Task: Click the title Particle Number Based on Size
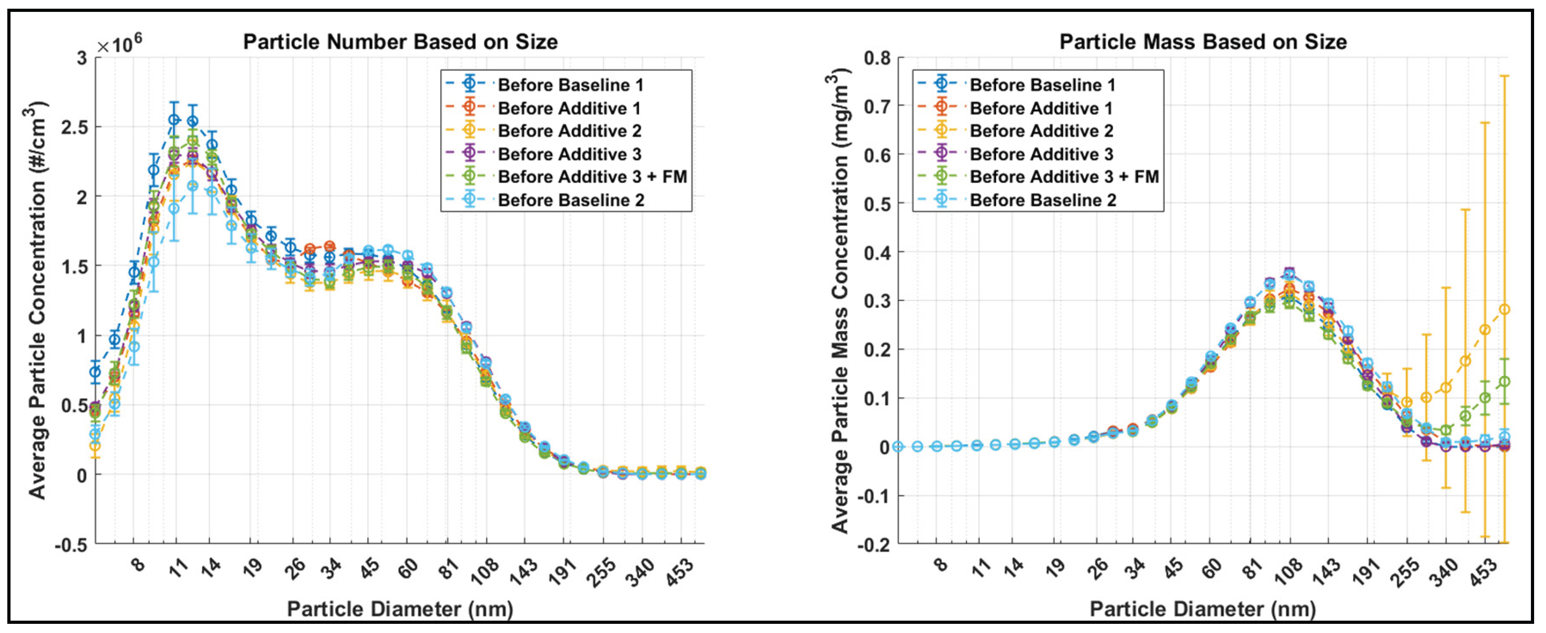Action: pos(400,42)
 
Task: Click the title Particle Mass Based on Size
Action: pos(1203,42)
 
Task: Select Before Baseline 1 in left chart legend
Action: pos(570,85)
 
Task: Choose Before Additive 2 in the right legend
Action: pos(1041,131)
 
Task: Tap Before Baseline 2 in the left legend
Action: pos(570,200)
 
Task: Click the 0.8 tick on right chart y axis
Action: pos(877,58)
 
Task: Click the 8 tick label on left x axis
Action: pos(138,564)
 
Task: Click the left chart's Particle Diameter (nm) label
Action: pos(400,609)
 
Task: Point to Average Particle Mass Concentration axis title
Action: pos(840,300)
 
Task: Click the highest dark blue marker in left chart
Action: pos(174,119)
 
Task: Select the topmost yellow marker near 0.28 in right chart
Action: pos(1504,309)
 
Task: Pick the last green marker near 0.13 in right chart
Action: pos(1504,381)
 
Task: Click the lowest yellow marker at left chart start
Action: pos(95,446)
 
